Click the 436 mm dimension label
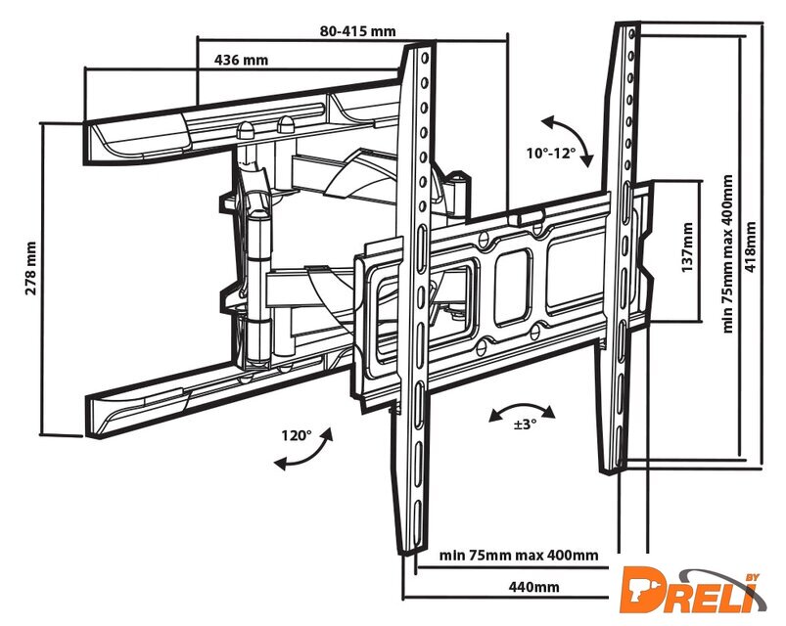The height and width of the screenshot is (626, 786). coord(241,61)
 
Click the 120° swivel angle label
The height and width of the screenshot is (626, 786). coord(296,435)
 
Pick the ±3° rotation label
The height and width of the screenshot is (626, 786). coord(526,424)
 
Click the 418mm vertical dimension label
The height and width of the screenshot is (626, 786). coord(751,248)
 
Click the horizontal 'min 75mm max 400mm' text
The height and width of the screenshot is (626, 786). coord(519,557)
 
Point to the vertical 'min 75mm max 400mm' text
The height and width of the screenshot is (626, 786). coord(727,254)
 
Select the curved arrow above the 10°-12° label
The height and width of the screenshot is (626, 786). coord(566,136)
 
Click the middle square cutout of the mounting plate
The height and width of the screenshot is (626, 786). coord(512,289)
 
